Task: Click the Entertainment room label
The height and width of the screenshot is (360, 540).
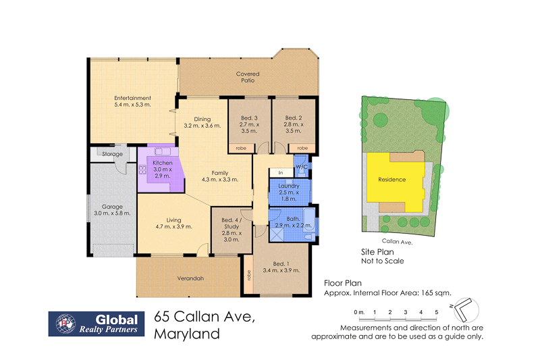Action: [132, 98]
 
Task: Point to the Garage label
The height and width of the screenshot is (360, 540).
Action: [112, 206]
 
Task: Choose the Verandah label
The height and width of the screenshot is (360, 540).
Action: [190, 278]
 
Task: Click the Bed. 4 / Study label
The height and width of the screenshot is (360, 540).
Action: [231, 223]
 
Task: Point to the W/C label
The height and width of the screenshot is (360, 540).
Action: [302, 167]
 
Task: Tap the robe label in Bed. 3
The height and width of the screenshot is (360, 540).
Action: [240, 147]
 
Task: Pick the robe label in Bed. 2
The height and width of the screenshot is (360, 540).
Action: [303, 147]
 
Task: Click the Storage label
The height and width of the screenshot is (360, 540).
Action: [113, 154]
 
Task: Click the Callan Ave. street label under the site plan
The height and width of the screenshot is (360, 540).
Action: [397, 240]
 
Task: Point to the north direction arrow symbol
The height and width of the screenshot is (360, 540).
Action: [464, 311]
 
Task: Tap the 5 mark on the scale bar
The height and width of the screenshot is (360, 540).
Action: [437, 312]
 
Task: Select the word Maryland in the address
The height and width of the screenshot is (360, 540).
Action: [187, 333]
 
